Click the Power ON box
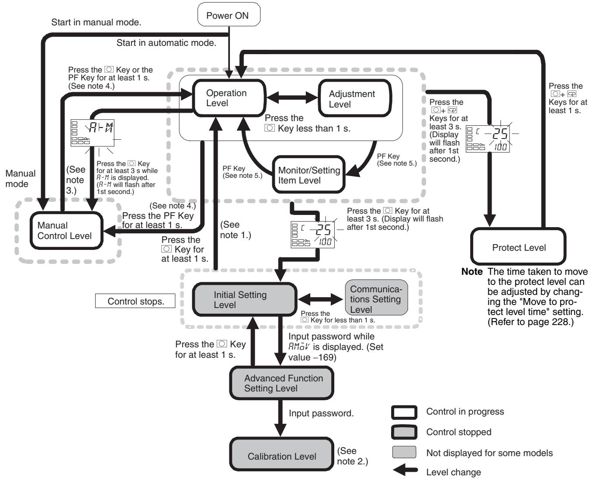229,14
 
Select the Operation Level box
229,98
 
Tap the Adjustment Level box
355,98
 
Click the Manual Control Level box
66,231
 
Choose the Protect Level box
518,246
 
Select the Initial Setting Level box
244,300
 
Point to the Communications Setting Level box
376,297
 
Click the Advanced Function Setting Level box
281,383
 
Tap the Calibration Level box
281,454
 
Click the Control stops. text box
135,301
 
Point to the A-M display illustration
93,133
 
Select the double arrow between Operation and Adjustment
292,97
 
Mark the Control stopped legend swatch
404,432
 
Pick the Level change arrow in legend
405,471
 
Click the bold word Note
472,272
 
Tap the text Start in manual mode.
96,22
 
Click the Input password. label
321,413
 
